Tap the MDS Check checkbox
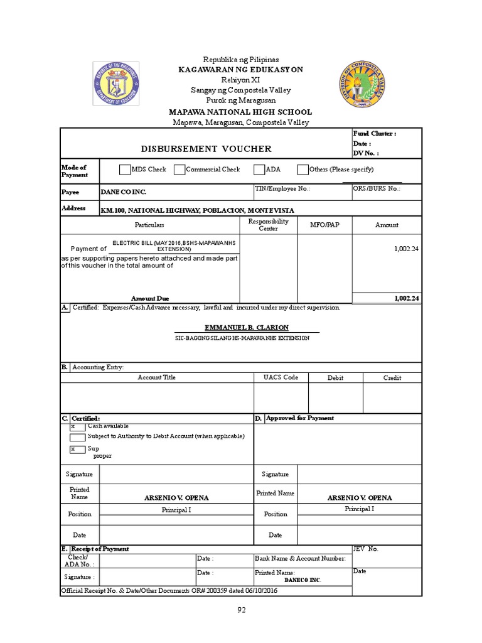click(124, 170)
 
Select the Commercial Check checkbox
click(179, 170)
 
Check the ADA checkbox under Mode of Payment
click(259, 170)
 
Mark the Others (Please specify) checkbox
click(303, 170)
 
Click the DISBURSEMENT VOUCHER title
click(206, 149)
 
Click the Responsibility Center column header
click(268, 225)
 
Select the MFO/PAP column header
click(324, 225)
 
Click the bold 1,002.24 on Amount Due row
click(406, 298)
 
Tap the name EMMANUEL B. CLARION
click(247, 328)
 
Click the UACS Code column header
click(281, 377)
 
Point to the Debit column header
click(336, 378)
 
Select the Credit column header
click(392, 378)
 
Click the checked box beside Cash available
click(78, 426)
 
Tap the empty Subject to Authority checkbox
click(78, 437)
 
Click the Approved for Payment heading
click(300, 418)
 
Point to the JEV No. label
click(366, 549)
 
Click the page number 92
click(241, 610)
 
